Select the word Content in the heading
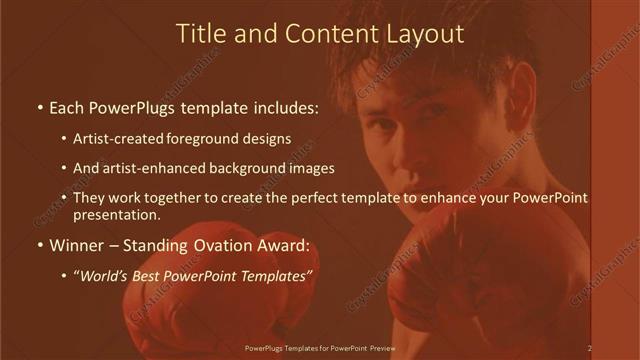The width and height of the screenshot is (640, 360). click(328, 34)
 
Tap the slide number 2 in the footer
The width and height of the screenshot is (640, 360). click(590, 348)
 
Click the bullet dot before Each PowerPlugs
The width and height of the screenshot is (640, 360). click(39, 106)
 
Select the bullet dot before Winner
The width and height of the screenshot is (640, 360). click(39, 244)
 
